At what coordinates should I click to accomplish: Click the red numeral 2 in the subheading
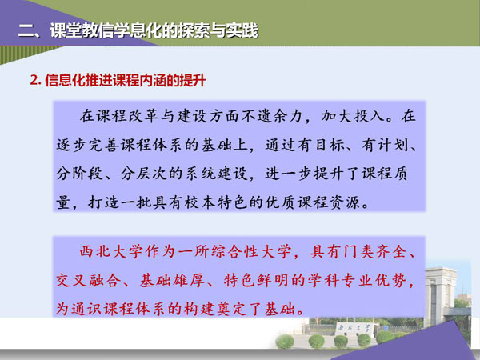(x=34, y=81)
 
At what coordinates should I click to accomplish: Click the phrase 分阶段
(x=79, y=174)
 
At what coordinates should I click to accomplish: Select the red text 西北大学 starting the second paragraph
(x=111, y=252)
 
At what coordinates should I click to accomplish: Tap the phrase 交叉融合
(x=87, y=280)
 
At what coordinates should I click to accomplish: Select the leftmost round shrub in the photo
(x=285, y=342)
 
